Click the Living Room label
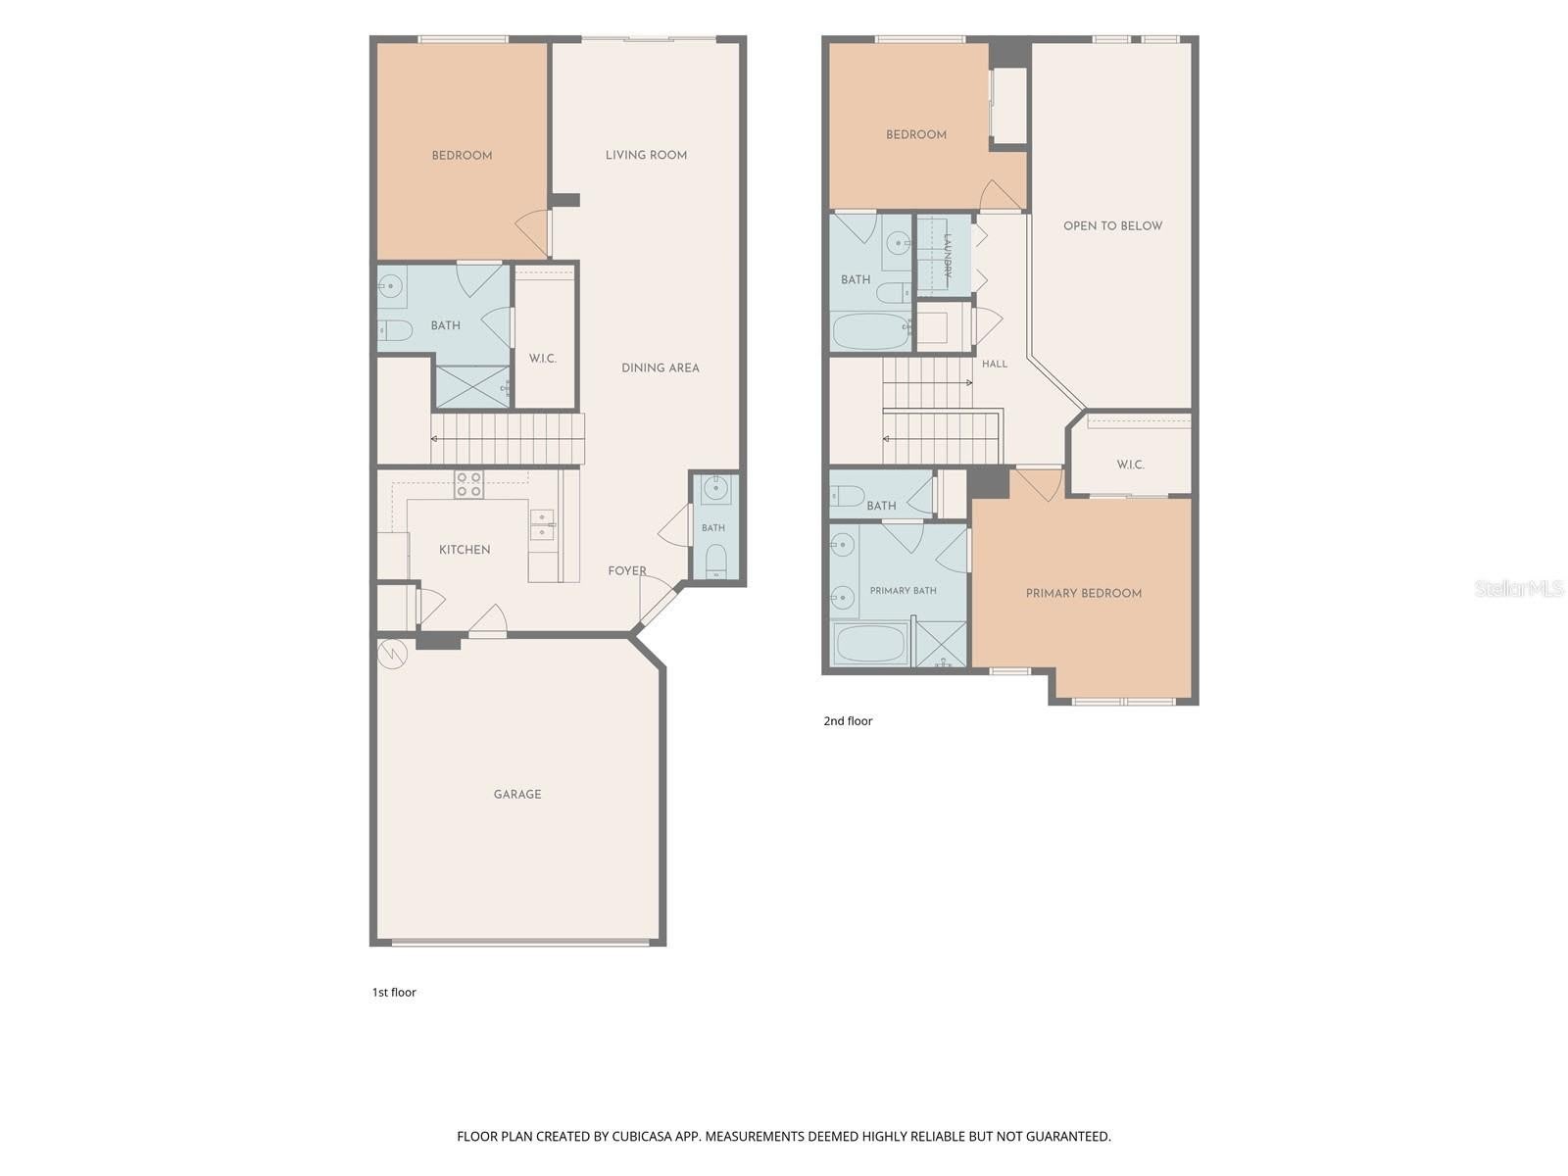tap(646, 155)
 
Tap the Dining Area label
tap(661, 367)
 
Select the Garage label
tap(517, 794)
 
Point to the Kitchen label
tap(465, 549)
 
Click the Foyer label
tap(627, 570)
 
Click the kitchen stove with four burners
tap(468, 484)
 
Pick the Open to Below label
tap(1112, 225)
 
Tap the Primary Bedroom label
tap(1083, 593)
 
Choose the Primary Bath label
tap(903, 591)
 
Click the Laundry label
tap(948, 256)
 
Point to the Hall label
tap(995, 365)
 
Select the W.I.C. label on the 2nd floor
tap(1130, 465)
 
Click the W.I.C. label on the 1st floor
tap(542, 359)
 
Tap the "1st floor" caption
tap(394, 992)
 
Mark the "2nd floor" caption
tap(848, 720)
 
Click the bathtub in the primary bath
tap(871, 645)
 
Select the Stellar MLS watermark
tap(1519, 588)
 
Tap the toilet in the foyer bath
tap(715, 562)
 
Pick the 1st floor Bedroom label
tap(462, 155)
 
